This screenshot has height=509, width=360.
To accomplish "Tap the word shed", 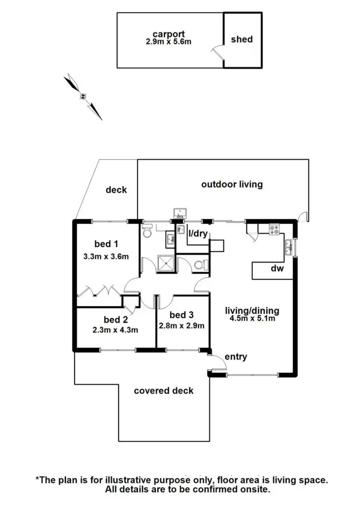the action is click(241, 39).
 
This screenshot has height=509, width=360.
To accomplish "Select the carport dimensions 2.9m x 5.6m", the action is click(169, 42).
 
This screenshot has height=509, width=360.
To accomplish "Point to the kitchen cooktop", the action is click(275, 230).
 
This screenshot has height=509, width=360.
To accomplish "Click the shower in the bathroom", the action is click(165, 263).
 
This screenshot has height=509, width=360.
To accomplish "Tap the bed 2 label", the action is click(115, 319).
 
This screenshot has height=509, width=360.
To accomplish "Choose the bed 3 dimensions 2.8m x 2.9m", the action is click(182, 326).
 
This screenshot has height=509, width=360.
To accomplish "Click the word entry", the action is click(236, 356).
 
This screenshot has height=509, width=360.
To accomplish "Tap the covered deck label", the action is click(164, 390).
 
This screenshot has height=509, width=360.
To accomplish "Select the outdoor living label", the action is click(232, 184).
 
